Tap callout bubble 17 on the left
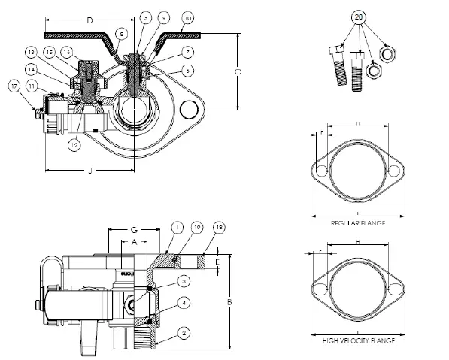pyautogui.click(x=14, y=86)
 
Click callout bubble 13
pyautogui.click(x=31, y=52)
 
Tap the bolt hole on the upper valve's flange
pyautogui.click(x=187, y=110)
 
